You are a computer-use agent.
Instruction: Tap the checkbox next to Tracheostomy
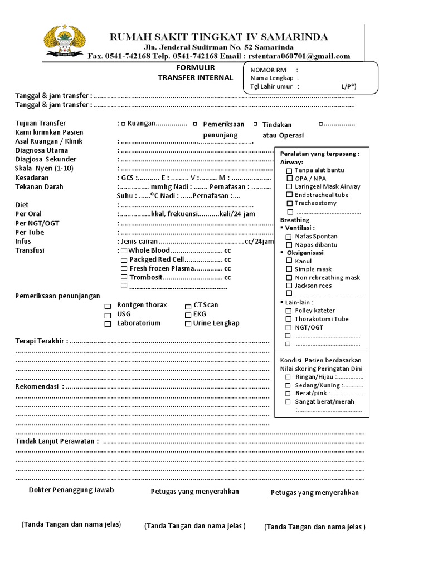click(x=289, y=203)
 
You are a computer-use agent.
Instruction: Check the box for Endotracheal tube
click(x=289, y=195)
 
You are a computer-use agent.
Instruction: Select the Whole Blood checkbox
click(x=124, y=250)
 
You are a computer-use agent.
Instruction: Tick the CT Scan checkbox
click(x=188, y=306)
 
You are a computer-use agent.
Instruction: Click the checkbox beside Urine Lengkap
click(x=188, y=323)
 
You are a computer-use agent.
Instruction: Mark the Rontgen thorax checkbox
click(x=108, y=306)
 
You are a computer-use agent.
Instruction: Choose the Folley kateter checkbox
click(x=289, y=311)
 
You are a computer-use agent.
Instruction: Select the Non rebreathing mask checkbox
click(x=289, y=277)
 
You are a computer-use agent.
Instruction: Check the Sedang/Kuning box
click(x=288, y=385)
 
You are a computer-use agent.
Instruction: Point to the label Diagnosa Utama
click(x=42, y=150)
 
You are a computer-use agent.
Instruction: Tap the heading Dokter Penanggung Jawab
click(x=71, y=490)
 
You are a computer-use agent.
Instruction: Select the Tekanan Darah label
click(x=39, y=187)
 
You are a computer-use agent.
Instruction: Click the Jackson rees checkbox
click(x=289, y=286)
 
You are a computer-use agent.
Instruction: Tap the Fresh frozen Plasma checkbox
click(x=124, y=268)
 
